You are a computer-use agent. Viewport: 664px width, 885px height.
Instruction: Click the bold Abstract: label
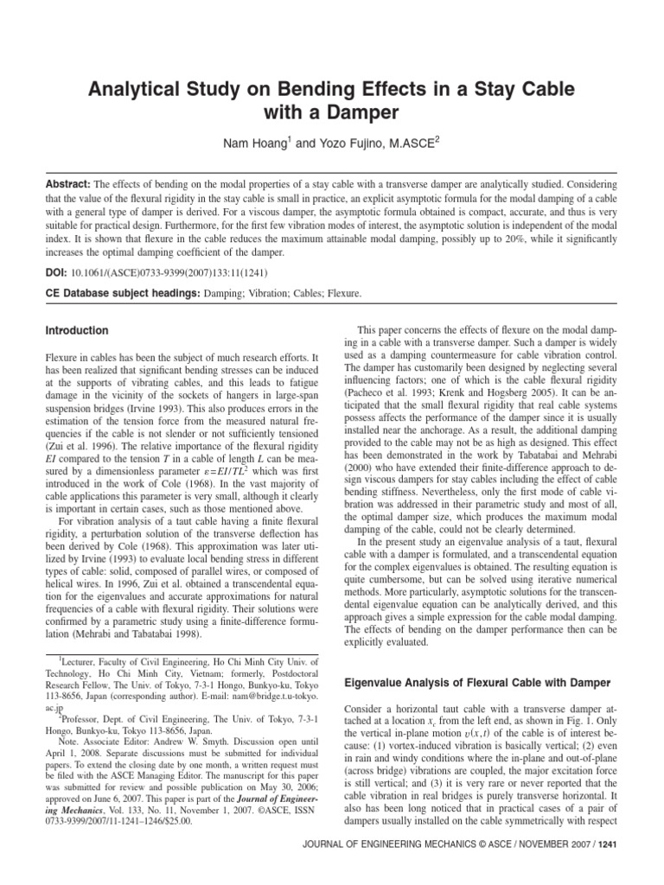click(68, 186)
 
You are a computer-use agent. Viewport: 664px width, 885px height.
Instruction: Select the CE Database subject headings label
click(121, 294)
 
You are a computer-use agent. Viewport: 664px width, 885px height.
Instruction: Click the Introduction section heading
click(77, 331)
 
